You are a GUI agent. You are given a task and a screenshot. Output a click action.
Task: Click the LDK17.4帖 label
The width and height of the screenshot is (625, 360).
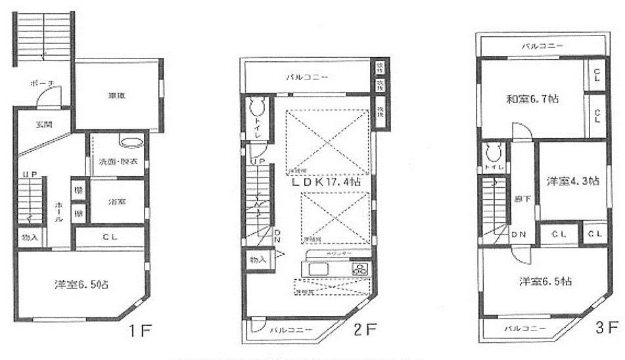[x=326, y=182]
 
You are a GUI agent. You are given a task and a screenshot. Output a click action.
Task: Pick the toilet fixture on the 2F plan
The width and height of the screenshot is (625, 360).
[x=257, y=107]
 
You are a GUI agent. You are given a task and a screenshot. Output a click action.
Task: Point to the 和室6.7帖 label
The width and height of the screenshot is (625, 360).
[x=532, y=100]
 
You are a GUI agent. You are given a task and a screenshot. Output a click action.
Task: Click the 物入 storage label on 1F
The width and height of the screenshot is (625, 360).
[x=30, y=237]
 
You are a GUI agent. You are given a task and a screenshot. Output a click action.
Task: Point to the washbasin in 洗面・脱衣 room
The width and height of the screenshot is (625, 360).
[x=129, y=142]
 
